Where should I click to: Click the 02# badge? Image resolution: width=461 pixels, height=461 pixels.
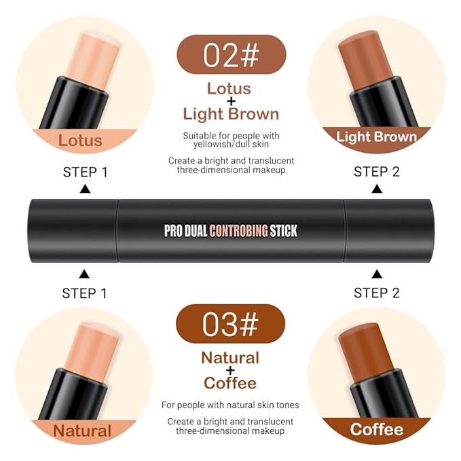(x=231, y=54)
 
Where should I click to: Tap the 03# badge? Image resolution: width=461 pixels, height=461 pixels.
(x=231, y=323)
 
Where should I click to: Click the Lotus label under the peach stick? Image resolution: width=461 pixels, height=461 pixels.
(x=80, y=141)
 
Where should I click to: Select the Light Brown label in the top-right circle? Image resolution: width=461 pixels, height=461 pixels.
(x=377, y=137)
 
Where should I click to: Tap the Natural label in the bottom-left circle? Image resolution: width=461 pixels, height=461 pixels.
(x=82, y=430)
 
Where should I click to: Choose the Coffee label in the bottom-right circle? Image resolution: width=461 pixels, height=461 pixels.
(x=377, y=429)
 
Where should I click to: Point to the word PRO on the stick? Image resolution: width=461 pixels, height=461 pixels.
(x=174, y=230)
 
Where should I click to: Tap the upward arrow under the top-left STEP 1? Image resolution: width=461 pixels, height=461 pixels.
(x=85, y=190)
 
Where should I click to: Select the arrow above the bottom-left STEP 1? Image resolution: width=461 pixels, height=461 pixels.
(x=84, y=274)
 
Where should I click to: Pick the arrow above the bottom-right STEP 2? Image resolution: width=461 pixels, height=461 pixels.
(x=377, y=274)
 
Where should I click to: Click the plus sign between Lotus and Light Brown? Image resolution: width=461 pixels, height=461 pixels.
(x=231, y=101)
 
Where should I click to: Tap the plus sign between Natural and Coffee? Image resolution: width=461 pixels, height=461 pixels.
(x=231, y=370)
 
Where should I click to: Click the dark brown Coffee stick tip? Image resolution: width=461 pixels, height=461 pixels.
(x=366, y=347)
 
